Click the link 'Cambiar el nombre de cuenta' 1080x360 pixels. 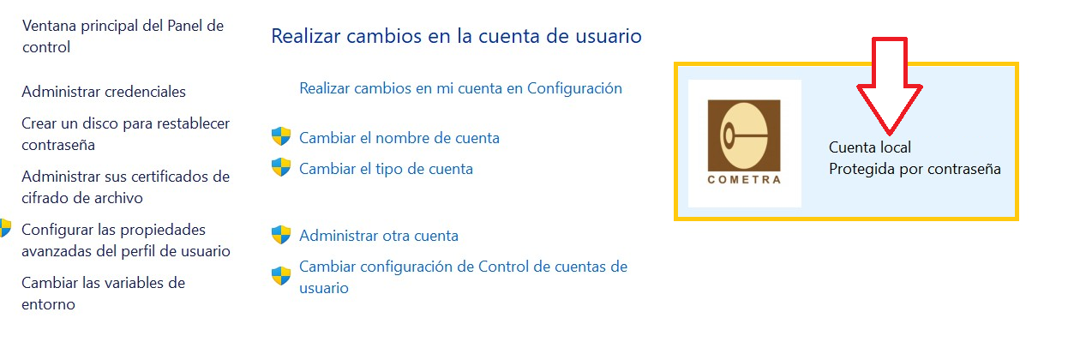399,138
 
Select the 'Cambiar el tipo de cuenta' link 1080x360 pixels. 386,169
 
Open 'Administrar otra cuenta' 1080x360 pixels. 378,236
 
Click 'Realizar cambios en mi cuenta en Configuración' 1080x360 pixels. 460,88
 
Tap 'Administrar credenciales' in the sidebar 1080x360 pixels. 104,92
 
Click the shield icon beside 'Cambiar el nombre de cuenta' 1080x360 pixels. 281,136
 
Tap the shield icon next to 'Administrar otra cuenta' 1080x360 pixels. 281,234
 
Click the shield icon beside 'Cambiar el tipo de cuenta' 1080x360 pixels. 281,167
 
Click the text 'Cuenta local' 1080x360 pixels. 870,147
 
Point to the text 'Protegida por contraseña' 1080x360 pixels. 915,169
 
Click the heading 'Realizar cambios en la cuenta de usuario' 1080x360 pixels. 456,36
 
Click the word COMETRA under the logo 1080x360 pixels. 744,179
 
